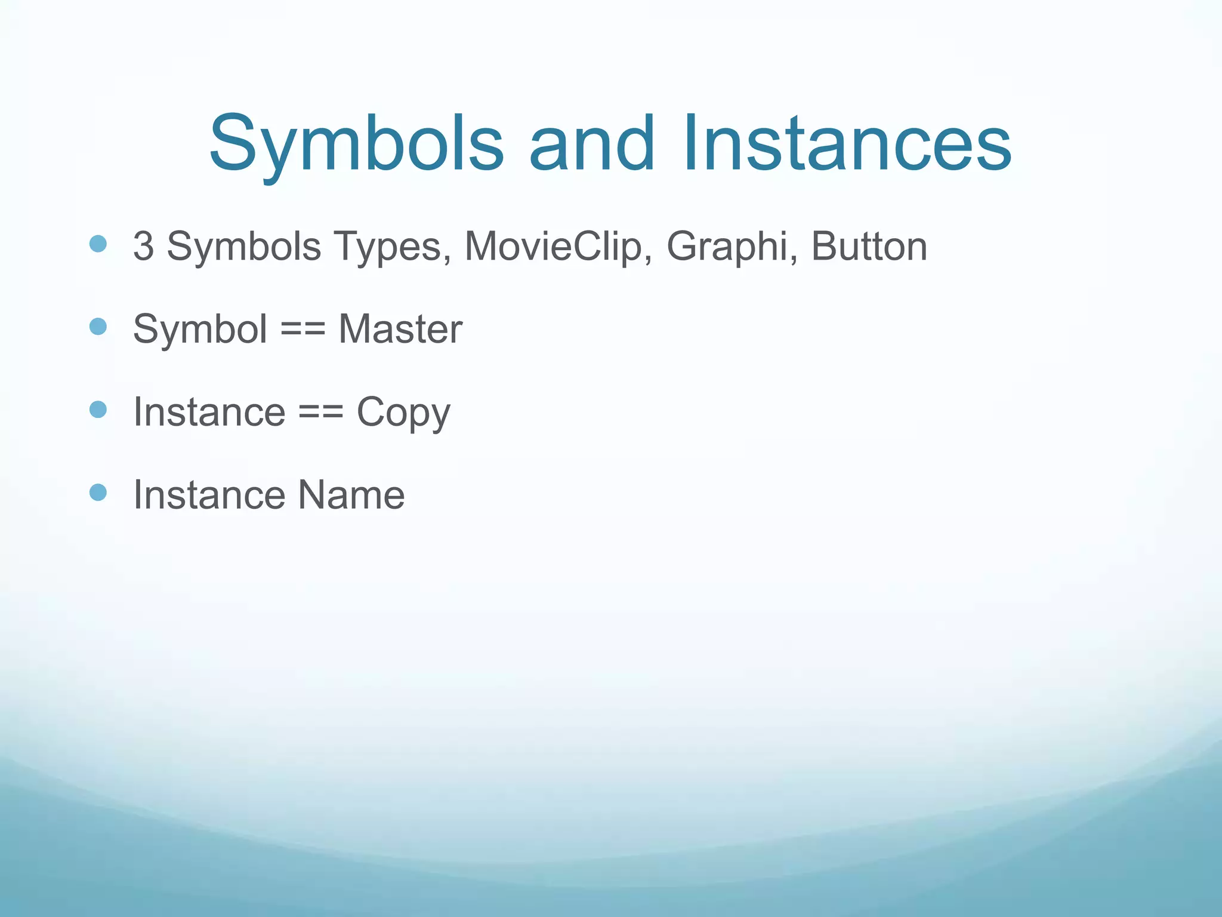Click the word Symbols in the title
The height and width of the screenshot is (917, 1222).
356,144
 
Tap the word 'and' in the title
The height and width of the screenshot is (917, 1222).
591,144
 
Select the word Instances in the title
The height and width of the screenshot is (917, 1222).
847,144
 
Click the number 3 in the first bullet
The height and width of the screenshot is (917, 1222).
143,246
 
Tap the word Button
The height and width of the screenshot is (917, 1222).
869,246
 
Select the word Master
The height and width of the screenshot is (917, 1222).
400,329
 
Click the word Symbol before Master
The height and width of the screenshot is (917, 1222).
200,329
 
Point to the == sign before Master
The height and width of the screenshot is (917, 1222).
303,329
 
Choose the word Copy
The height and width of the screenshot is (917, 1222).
403,413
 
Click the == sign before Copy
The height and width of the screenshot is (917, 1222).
320,412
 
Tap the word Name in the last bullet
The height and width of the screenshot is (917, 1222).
351,495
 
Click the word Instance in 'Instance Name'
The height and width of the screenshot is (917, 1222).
209,495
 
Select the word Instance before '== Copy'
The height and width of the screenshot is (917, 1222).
209,412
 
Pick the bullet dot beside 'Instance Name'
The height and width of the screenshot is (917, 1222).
98,492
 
